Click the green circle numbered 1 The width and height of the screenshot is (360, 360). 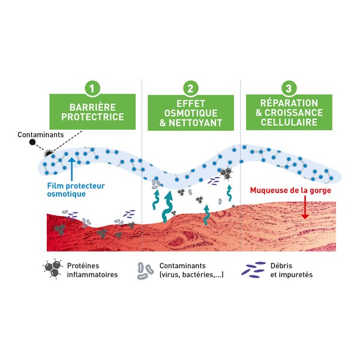coord(92,88)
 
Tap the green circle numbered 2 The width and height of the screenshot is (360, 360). coord(190,88)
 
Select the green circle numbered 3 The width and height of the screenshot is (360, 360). coord(289,88)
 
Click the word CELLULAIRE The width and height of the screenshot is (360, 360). coord(288,124)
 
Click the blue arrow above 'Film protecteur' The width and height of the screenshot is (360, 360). coord(72,164)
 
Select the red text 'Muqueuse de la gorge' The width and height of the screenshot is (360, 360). coord(290,191)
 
